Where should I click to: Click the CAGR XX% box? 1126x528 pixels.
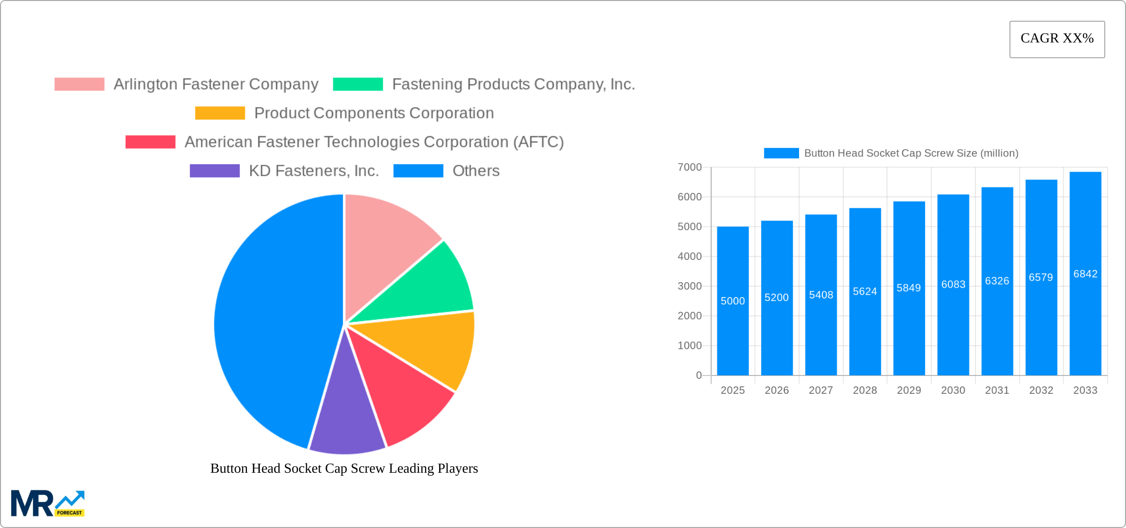point(1057,39)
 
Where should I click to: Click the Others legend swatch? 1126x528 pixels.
point(418,171)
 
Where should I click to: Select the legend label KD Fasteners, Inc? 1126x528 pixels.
point(314,171)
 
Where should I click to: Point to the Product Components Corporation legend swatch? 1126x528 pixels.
point(220,113)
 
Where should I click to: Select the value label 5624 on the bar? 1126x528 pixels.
point(865,292)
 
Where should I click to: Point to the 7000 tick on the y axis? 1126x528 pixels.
point(689,167)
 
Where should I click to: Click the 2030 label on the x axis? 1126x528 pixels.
point(953,390)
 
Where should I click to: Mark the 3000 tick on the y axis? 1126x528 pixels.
point(689,286)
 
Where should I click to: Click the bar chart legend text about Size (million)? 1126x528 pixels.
point(911,153)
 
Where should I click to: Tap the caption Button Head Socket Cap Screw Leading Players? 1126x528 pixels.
point(344,468)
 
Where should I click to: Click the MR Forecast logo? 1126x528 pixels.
point(47,503)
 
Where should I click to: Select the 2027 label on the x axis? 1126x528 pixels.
point(821,390)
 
